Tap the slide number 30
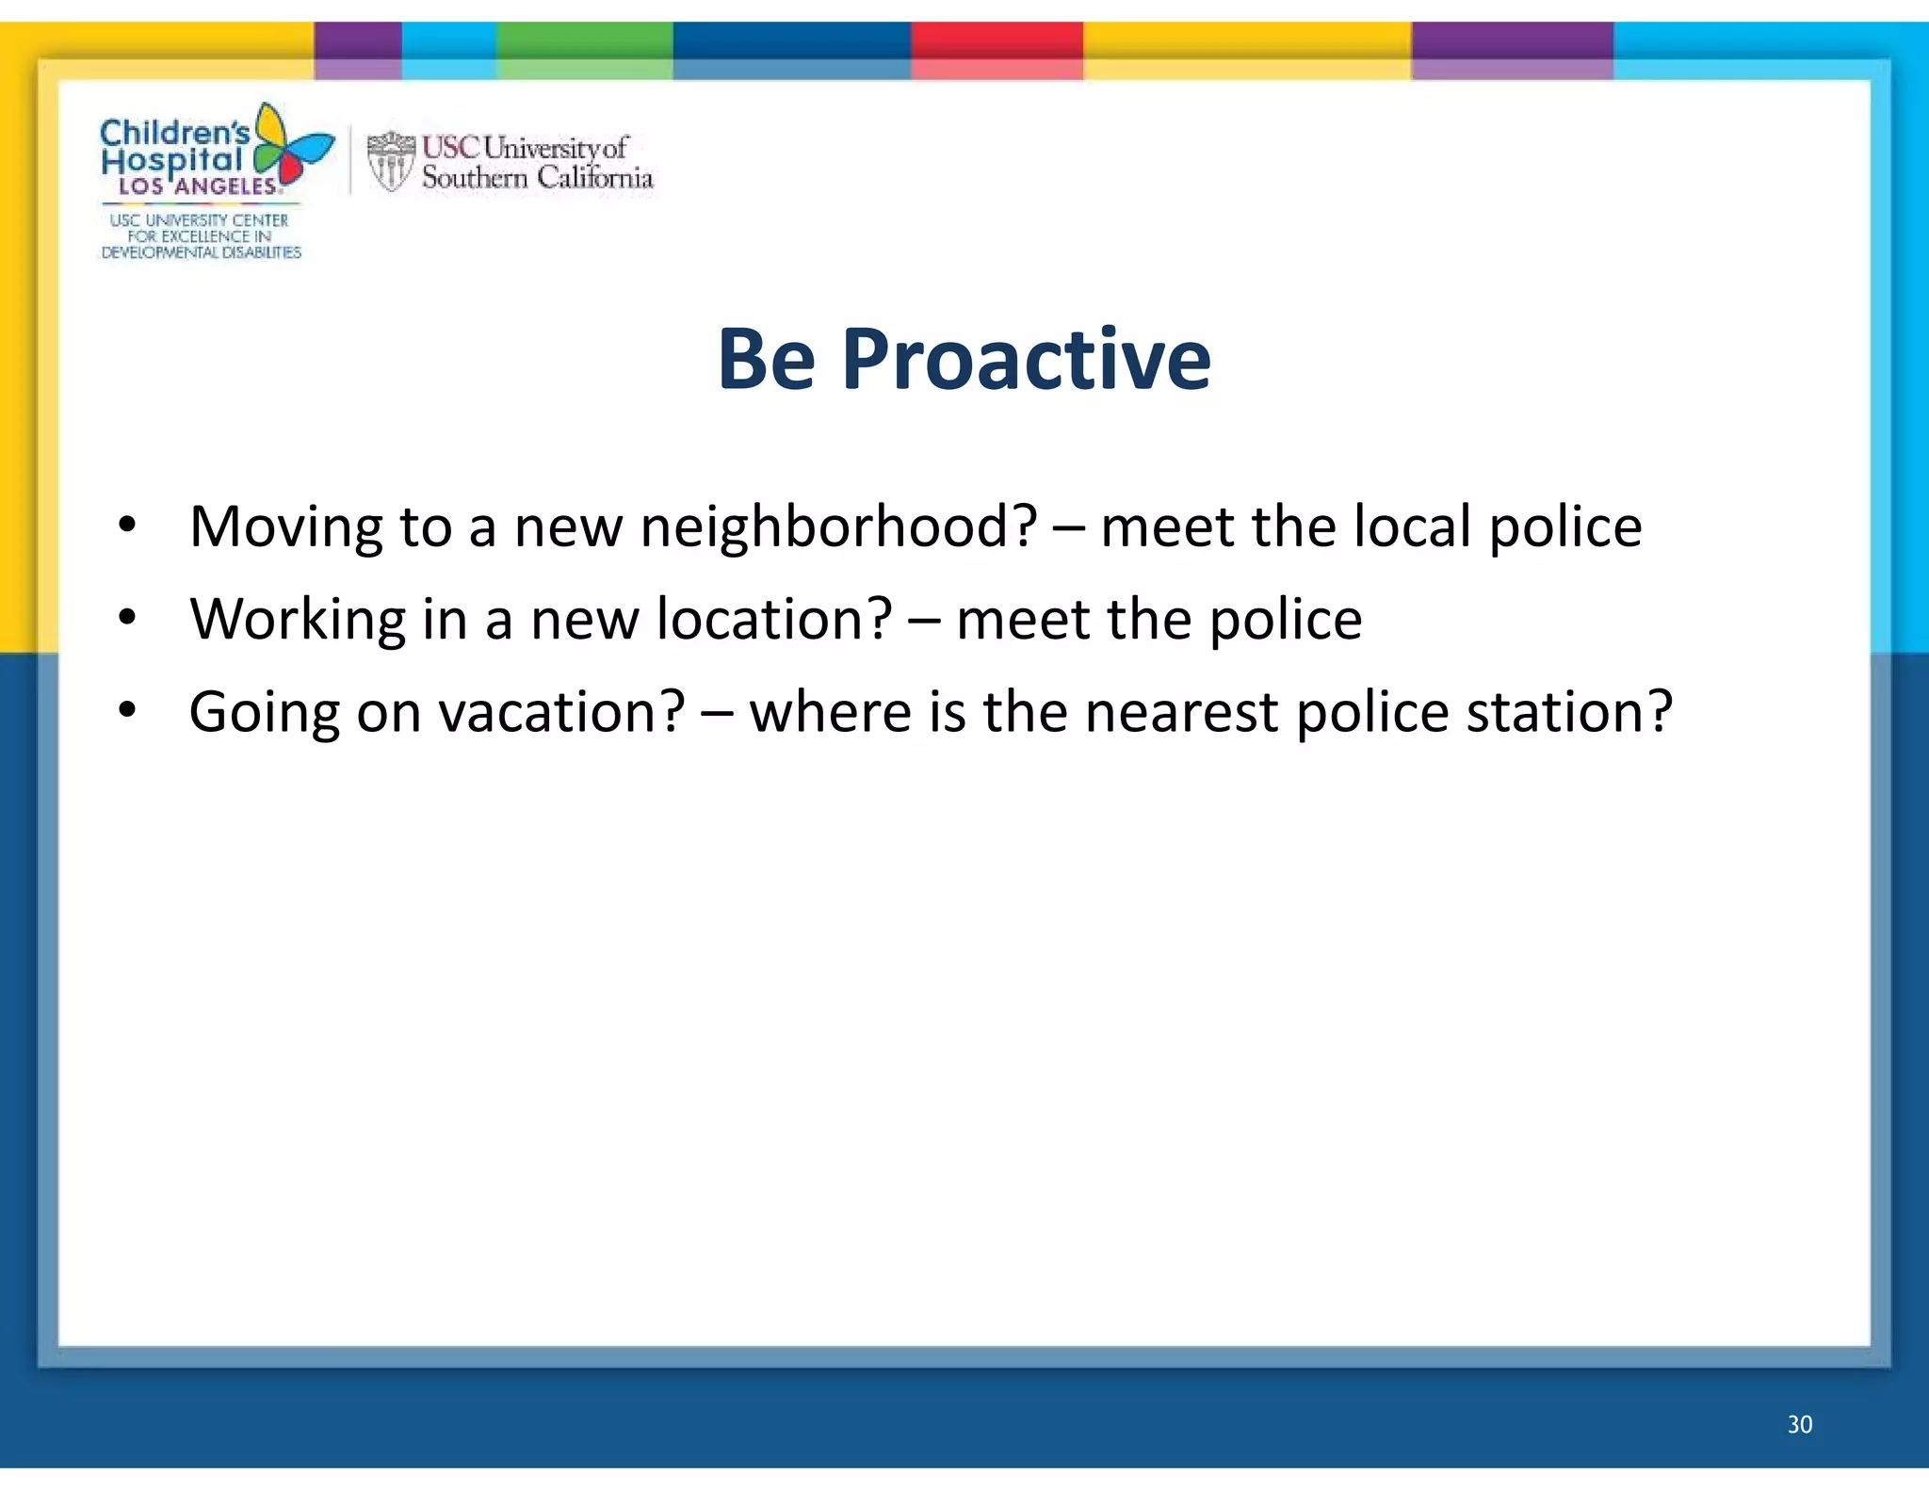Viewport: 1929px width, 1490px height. point(1799,1424)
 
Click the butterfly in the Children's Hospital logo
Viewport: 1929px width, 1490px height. point(291,146)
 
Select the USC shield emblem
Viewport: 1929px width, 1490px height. point(390,161)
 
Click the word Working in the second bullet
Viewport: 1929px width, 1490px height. point(297,619)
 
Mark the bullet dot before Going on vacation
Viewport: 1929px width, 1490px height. point(128,709)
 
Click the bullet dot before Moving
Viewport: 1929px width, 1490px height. point(128,525)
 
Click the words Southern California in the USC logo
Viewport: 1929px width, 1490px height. point(537,177)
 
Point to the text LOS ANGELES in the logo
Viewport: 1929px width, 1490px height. point(198,186)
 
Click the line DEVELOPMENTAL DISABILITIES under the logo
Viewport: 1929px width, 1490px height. point(201,252)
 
